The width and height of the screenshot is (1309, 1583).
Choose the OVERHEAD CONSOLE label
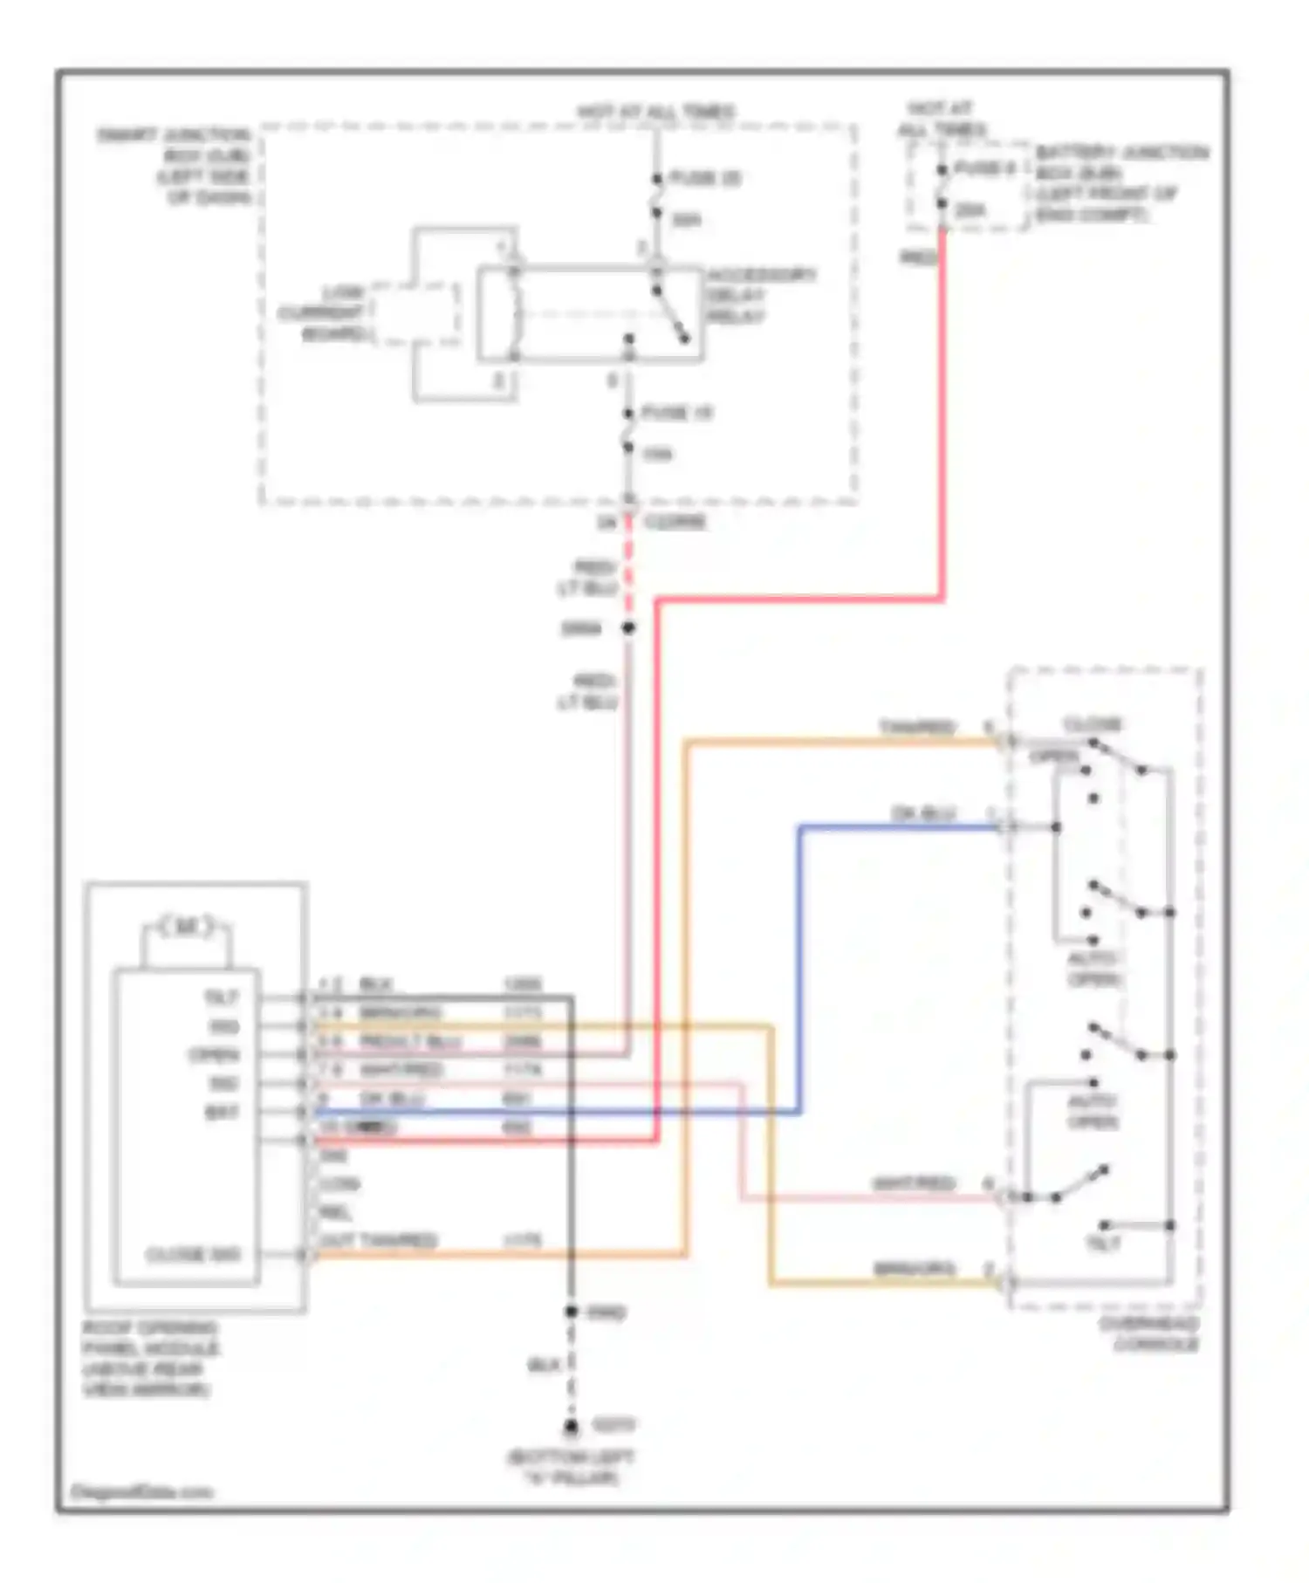coord(1149,1334)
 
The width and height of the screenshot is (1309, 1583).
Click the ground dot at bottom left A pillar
coord(571,1428)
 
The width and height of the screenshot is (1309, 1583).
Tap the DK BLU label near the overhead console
coord(924,813)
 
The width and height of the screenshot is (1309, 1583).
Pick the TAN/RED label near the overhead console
coord(917,727)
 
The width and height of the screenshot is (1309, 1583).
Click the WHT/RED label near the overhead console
coord(914,1183)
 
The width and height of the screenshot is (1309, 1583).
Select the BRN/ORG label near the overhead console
coord(914,1269)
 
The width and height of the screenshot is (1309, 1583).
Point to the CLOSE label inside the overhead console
coord(1092,724)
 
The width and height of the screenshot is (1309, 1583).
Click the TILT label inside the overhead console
coord(1102,1244)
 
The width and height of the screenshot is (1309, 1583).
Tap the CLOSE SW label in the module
coord(193,1255)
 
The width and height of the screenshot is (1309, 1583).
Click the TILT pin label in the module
coord(221,997)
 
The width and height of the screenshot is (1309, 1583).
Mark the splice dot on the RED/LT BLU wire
coord(627,627)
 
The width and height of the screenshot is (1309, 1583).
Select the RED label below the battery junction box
coord(919,257)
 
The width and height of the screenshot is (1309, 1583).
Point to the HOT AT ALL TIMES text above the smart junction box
coord(656,112)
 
